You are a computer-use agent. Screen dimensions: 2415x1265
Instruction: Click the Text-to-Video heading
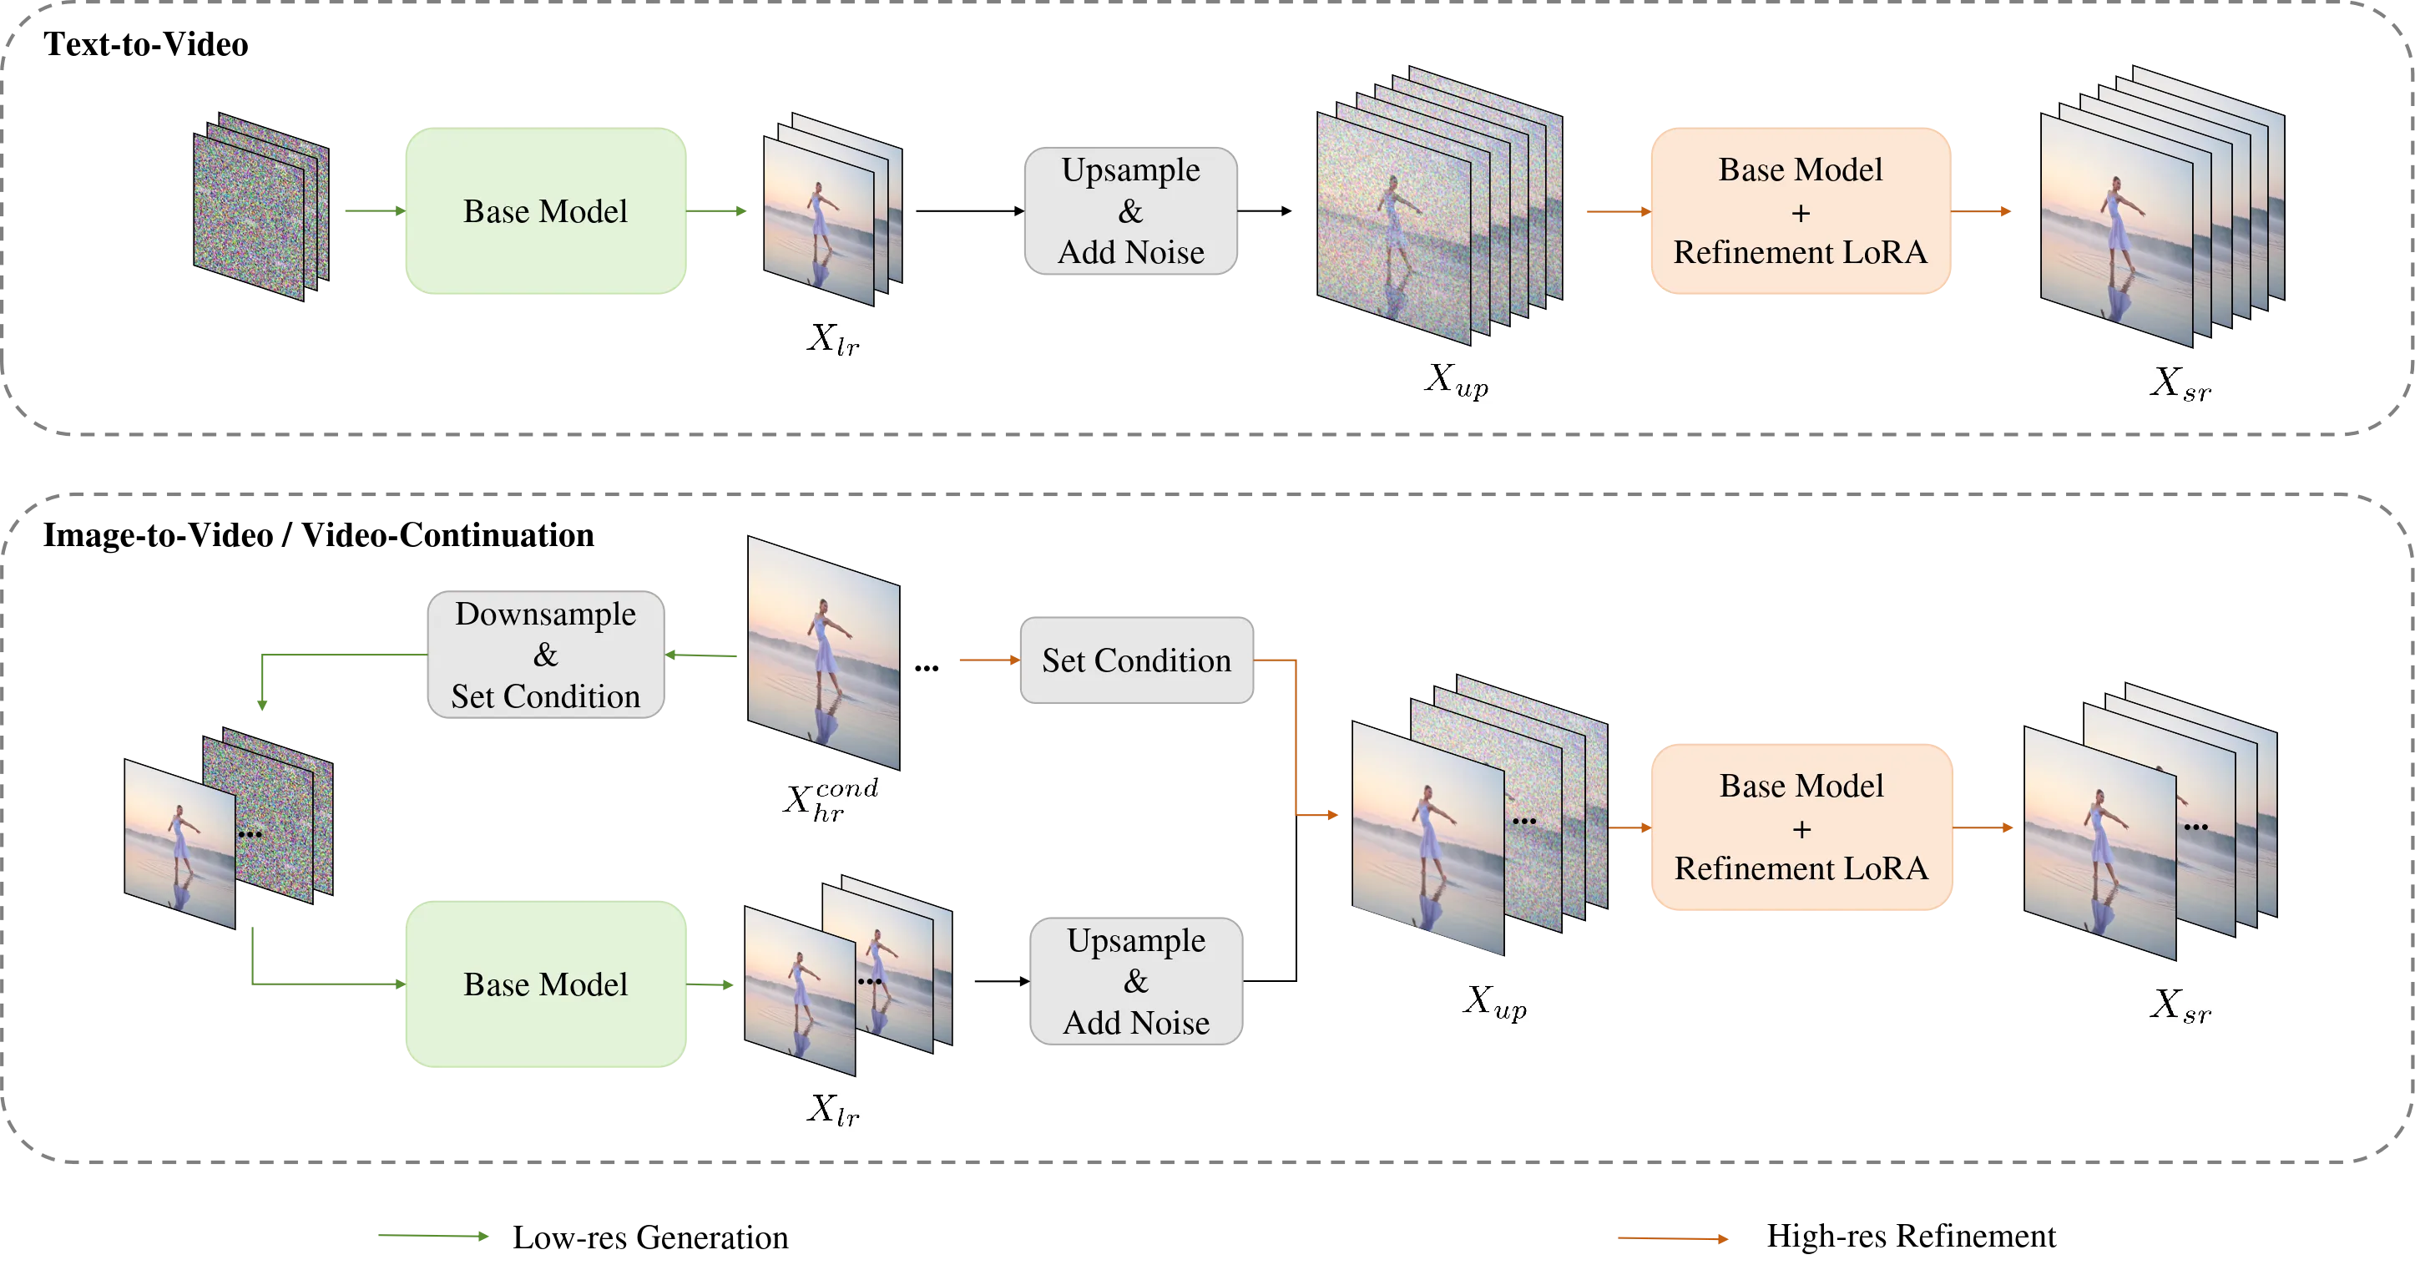[145, 44]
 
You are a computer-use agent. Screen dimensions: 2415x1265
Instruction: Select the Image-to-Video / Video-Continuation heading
[319, 534]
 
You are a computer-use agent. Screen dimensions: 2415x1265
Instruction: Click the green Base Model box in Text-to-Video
[546, 211]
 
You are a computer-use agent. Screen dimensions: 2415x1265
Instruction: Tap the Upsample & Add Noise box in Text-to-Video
[1130, 211]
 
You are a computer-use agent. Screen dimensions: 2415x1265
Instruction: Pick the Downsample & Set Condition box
[546, 655]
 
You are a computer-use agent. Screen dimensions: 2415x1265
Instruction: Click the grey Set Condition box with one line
[1136, 660]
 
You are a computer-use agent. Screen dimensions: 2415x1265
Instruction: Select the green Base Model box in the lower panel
[546, 984]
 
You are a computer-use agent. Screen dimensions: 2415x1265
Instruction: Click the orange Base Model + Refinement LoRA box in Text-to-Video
[1801, 211]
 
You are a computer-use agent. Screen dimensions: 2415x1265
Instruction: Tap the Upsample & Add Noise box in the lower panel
[1136, 981]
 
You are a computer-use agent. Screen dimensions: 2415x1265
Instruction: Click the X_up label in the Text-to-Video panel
[1457, 380]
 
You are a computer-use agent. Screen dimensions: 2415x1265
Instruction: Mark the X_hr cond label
[831, 799]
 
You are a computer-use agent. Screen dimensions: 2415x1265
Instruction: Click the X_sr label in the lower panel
[2180, 1005]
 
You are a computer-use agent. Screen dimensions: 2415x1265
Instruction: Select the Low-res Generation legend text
[650, 1237]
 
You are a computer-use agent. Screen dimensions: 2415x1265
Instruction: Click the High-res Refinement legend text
[1912, 1236]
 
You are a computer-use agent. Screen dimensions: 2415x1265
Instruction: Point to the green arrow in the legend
[433, 1236]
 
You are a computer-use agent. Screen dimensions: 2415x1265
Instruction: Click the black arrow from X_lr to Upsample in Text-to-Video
[970, 211]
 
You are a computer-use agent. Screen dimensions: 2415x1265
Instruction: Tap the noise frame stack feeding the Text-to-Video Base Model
[261, 206]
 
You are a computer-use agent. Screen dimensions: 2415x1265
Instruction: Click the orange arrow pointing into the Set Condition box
[990, 660]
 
